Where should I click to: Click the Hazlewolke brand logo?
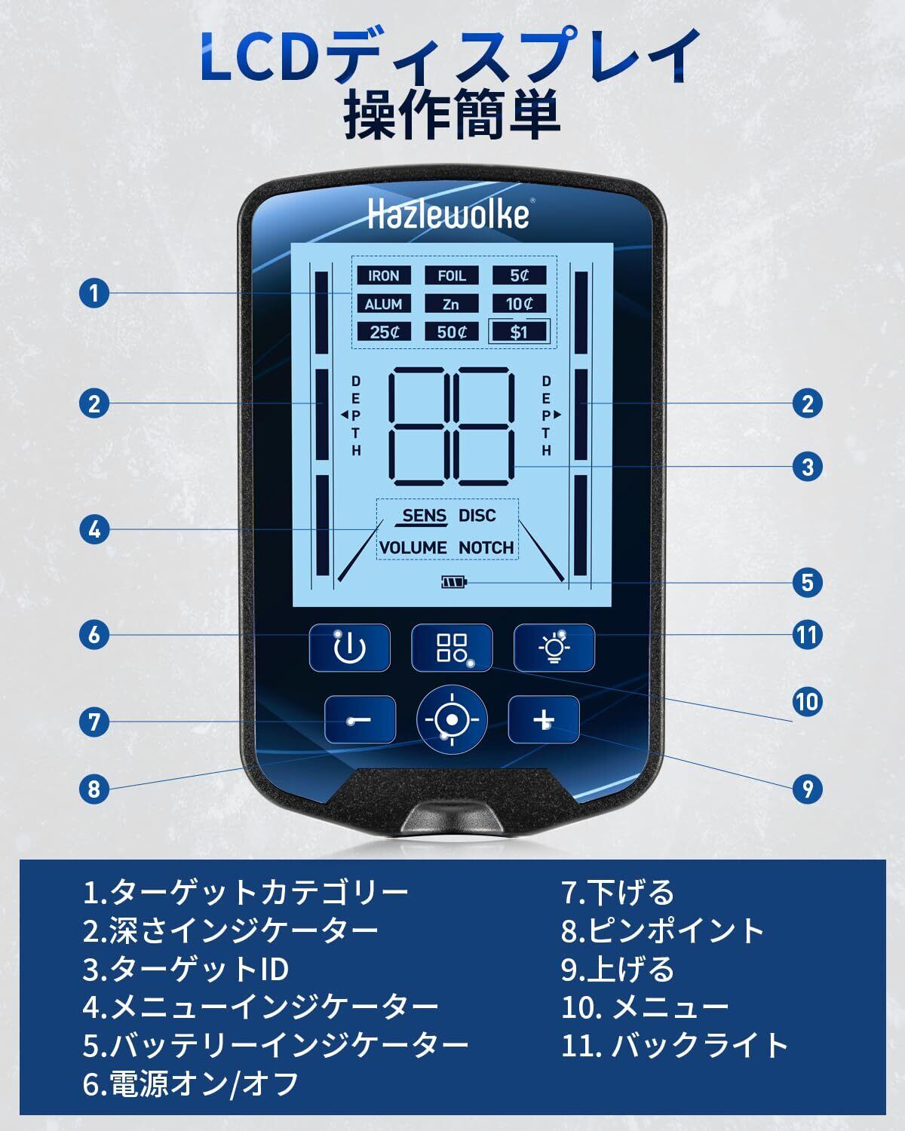click(x=448, y=215)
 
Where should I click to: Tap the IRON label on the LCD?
click(x=383, y=276)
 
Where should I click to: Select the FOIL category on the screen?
click(x=451, y=276)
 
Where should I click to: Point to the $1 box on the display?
click(x=519, y=332)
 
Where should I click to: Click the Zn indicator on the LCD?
click(x=451, y=304)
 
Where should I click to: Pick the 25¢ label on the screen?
click(x=383, y=332)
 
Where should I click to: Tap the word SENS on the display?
click(x=424, y=516)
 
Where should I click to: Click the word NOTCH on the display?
click(x=486, y=548)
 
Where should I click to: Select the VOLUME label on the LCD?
click(x=413, y=548)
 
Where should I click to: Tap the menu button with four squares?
click(x=451, y=648)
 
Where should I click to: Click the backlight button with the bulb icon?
click(x=554, y=648)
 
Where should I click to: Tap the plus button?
click(x=543, y=720)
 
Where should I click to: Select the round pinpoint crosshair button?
click(x=451, y=720)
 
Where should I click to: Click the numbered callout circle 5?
click(x=808, y=582)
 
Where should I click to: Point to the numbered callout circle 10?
click(x=806, y=702)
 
